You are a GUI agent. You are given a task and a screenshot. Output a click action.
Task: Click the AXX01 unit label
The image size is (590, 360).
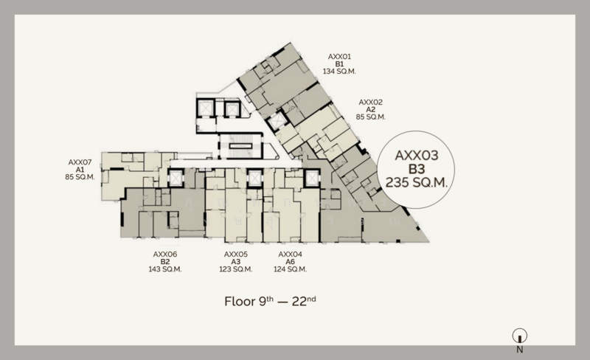pos(339,57)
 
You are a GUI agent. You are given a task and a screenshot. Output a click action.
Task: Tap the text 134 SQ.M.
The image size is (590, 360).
pos(339,71)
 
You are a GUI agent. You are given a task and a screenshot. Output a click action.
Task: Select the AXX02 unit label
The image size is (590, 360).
pos(371,103)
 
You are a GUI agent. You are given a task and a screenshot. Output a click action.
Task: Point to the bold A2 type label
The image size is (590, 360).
pos(371,110)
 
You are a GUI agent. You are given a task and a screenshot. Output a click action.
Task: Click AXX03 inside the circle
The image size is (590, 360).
pos(417,156)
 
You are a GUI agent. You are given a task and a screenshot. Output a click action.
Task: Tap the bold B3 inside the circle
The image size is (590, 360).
pos(417,169)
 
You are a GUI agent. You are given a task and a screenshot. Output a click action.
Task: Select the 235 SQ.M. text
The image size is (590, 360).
pos(417,183)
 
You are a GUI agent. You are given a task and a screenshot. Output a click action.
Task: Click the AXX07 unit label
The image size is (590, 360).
pos(80,162)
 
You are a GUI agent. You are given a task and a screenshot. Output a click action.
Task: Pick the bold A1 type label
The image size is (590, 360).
pos(80,170)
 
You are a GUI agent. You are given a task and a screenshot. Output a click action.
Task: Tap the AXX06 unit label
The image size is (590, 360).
pos(164,255)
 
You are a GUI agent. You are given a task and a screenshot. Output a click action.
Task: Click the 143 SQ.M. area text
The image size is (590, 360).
pos(164,269)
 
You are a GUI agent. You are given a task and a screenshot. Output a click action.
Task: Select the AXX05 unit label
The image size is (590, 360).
pos(235,255)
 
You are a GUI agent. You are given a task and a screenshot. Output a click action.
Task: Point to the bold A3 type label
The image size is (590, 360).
pos(235,262)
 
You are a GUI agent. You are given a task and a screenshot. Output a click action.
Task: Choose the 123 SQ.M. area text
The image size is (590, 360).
pos(235,269)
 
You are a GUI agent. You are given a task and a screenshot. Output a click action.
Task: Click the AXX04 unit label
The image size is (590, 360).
pos(290,255)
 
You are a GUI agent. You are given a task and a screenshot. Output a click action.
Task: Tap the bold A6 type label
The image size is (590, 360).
pos(290,262)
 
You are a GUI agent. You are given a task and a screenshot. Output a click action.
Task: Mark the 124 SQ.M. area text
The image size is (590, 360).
pos(290,269)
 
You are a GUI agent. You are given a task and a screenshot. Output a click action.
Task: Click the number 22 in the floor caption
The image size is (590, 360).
pos(299,302)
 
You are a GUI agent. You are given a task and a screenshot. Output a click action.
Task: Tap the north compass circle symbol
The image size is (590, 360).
pos(520,336)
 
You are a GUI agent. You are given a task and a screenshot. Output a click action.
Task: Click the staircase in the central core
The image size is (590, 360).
pos(241,145)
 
